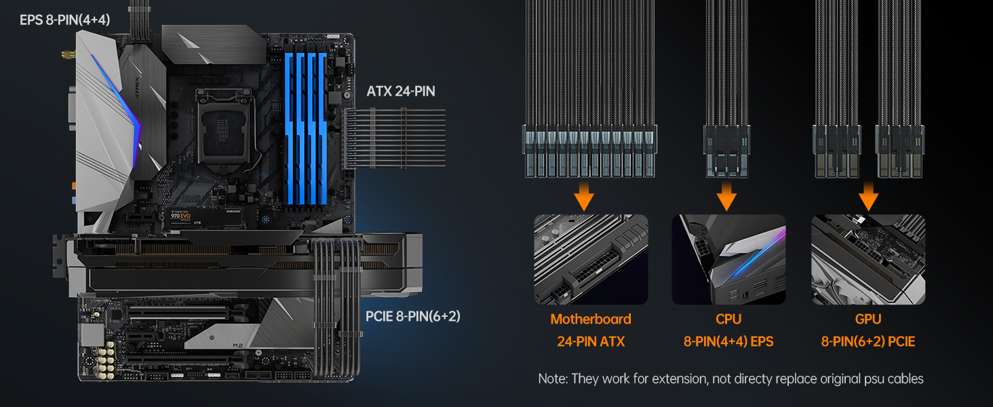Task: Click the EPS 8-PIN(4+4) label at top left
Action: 64,20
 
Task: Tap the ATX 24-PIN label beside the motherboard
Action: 401,91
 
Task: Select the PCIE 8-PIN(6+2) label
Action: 412,316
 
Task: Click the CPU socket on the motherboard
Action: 224,128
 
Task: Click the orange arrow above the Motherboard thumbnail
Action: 584,196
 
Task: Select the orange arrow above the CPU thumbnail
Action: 726,196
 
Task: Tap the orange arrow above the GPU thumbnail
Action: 868,196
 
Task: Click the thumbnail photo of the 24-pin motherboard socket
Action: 590,259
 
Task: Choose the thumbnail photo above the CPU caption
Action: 728,259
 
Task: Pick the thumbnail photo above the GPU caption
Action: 868,259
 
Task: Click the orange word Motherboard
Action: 590,319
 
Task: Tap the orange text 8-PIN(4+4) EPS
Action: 728,342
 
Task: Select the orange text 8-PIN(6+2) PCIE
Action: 868,342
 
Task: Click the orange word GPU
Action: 868,319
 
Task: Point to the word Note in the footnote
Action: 552,379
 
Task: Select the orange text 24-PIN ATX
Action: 590,342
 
